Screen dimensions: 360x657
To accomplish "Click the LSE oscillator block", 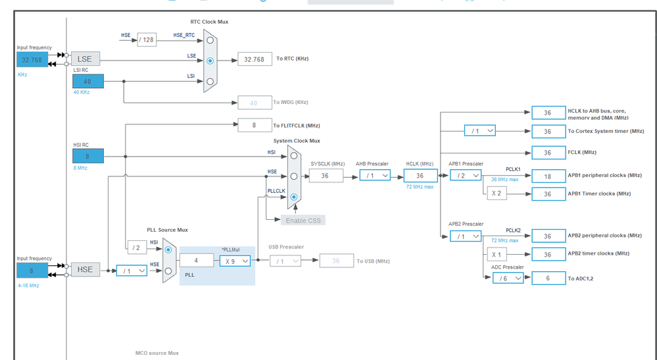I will coord(85,59).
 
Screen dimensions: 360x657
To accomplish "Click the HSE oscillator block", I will coord(85,270).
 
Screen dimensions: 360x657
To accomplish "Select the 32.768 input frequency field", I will coord(32,60).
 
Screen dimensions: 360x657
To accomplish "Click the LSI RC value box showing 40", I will coord(87,82).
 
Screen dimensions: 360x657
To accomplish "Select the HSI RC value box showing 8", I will coord(87,157).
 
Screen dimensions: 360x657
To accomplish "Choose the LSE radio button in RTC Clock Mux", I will coord(210,61).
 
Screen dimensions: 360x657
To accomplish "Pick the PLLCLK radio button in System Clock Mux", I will coord(294,197).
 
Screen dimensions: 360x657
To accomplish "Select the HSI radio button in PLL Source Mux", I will coord(168,250).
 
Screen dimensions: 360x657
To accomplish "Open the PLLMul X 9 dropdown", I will coord(235,261).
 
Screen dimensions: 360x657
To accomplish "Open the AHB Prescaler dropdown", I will coord(374,176).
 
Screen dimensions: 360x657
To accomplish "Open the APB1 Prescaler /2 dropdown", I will coord(466,176).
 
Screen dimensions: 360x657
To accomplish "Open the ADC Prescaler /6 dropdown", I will coord(508,278).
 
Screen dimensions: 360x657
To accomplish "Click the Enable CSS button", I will coord(303,220).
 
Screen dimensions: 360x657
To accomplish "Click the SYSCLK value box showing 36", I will coord(326,176).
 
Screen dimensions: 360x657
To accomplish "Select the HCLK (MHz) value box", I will coord(420,176).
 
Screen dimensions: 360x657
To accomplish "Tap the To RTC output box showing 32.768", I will coord(255,59).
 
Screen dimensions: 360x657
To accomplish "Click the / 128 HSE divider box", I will coord(147,39).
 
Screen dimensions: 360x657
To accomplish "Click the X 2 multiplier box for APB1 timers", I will coord(497,193).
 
